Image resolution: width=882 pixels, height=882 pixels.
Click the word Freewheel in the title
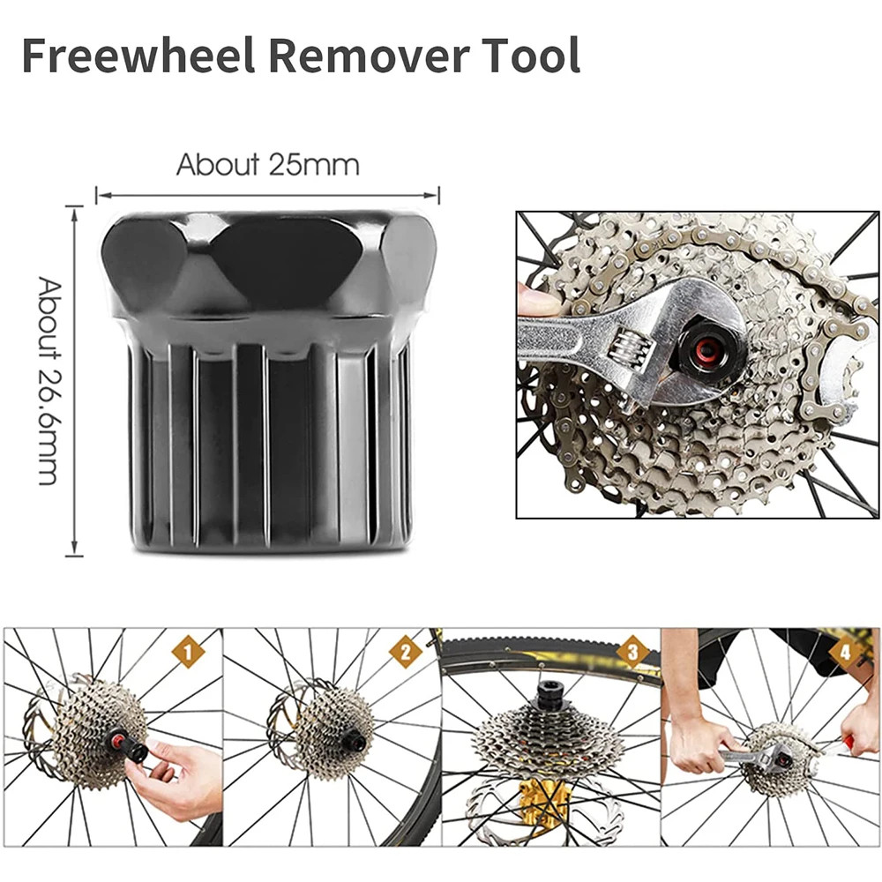point(138,56)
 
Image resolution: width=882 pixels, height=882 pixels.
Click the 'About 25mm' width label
point(268,165)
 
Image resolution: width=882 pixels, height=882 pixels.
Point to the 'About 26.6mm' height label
point(49,381)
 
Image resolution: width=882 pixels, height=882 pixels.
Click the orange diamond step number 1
point(188,652)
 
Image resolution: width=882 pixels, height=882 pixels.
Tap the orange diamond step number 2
point(406,652)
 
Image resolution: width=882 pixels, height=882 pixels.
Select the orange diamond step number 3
point(632,652)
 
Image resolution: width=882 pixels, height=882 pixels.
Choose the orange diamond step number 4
point(846,652)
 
